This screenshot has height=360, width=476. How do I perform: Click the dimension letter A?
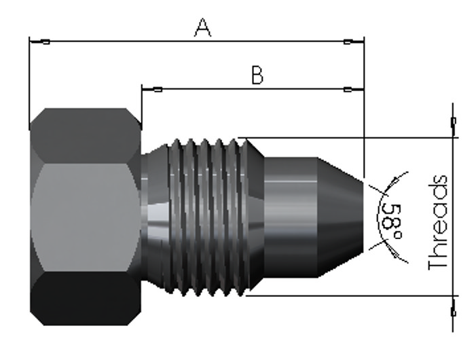point(202,28)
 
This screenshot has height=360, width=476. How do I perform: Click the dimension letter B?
point(258,75)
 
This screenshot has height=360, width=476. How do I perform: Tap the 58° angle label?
point(392,221)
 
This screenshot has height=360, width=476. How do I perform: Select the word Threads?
point(438,223)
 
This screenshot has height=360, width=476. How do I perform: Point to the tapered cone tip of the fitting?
point(340,217)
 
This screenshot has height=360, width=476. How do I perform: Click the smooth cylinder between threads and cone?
point(291,217)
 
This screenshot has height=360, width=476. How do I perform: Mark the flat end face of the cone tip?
point(363,217)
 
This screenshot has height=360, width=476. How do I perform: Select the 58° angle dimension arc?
point(378,217)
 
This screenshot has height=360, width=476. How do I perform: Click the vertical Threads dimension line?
point(453,217)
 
